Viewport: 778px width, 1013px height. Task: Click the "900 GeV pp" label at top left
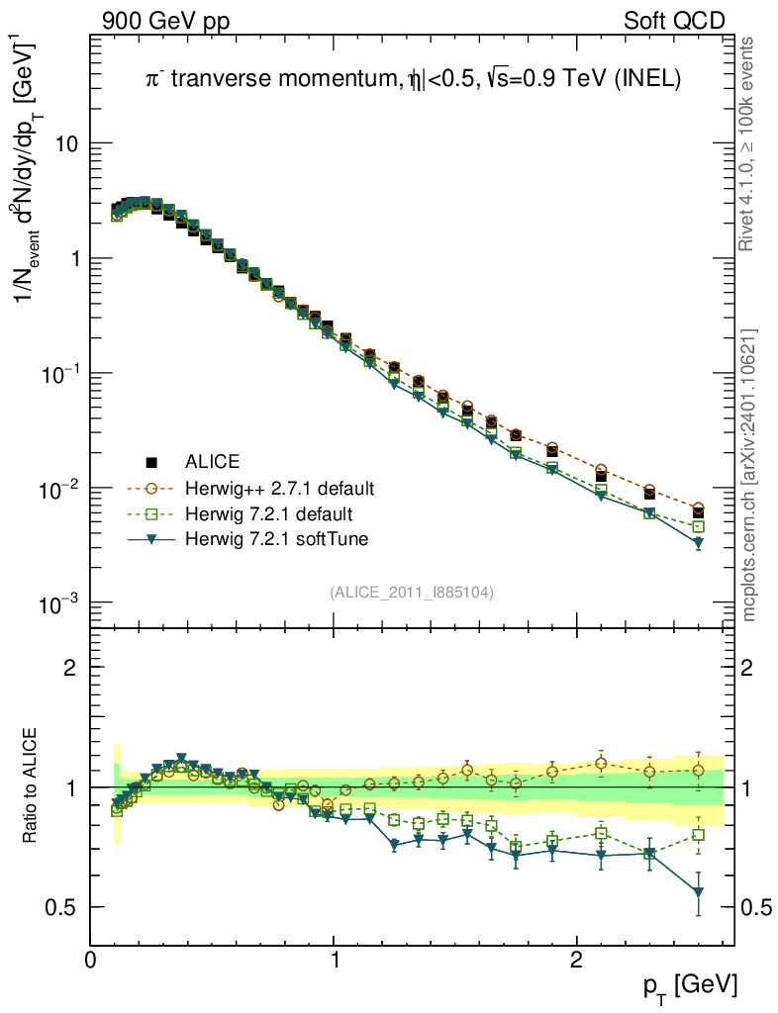[164, 21]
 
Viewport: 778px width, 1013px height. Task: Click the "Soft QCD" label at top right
[674, 21]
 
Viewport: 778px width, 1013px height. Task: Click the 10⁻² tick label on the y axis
[58, 489]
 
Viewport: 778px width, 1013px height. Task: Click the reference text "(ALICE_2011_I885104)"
[412, 592]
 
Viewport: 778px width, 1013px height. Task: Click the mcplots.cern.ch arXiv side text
[749, 475]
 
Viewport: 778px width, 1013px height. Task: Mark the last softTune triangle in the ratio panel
[699, 893]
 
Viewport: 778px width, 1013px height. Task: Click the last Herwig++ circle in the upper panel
[699, 507]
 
